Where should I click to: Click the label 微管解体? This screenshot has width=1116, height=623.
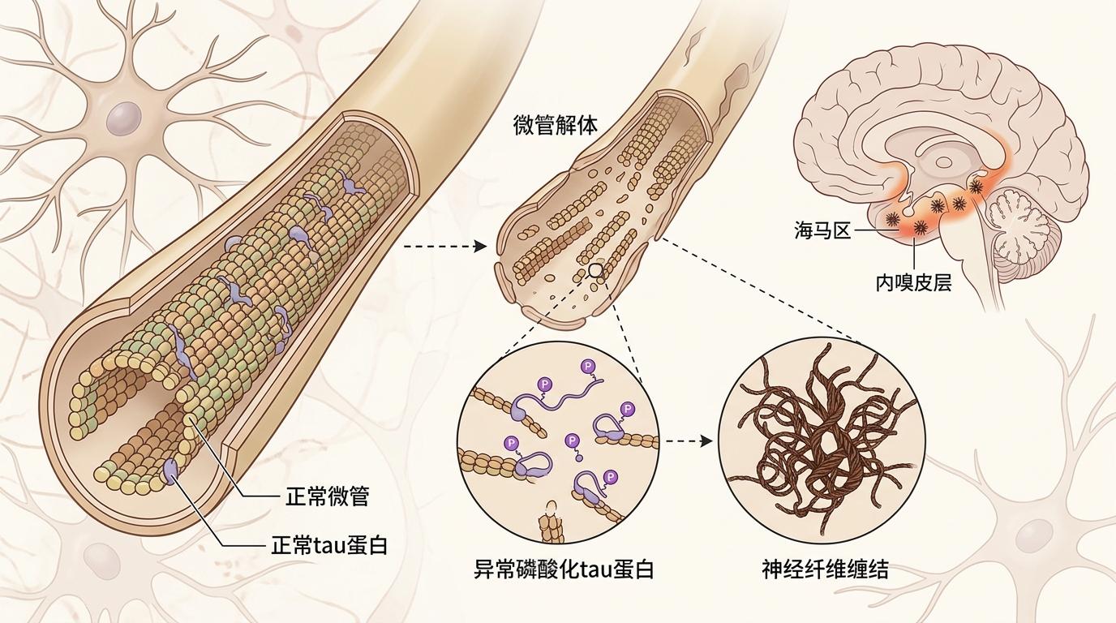coord(555,125)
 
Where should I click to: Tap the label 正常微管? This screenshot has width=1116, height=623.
coord(328,496)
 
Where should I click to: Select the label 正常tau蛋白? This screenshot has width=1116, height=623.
coord(328,545)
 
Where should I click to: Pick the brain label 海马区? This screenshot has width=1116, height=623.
coord(822,230)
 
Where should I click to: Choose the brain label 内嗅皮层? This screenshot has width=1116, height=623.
coord(914,282)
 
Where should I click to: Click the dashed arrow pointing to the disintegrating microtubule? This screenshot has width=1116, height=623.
coord(445,247)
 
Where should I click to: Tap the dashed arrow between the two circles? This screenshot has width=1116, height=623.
coord(689,441)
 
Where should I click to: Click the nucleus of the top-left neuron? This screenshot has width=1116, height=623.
coord(123,118)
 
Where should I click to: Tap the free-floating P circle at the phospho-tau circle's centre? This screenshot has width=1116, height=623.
coord(572,441)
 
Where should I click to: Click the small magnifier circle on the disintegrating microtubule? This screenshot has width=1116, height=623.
coord(595,271)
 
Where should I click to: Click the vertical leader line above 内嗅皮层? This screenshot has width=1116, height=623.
coord(914,253)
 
